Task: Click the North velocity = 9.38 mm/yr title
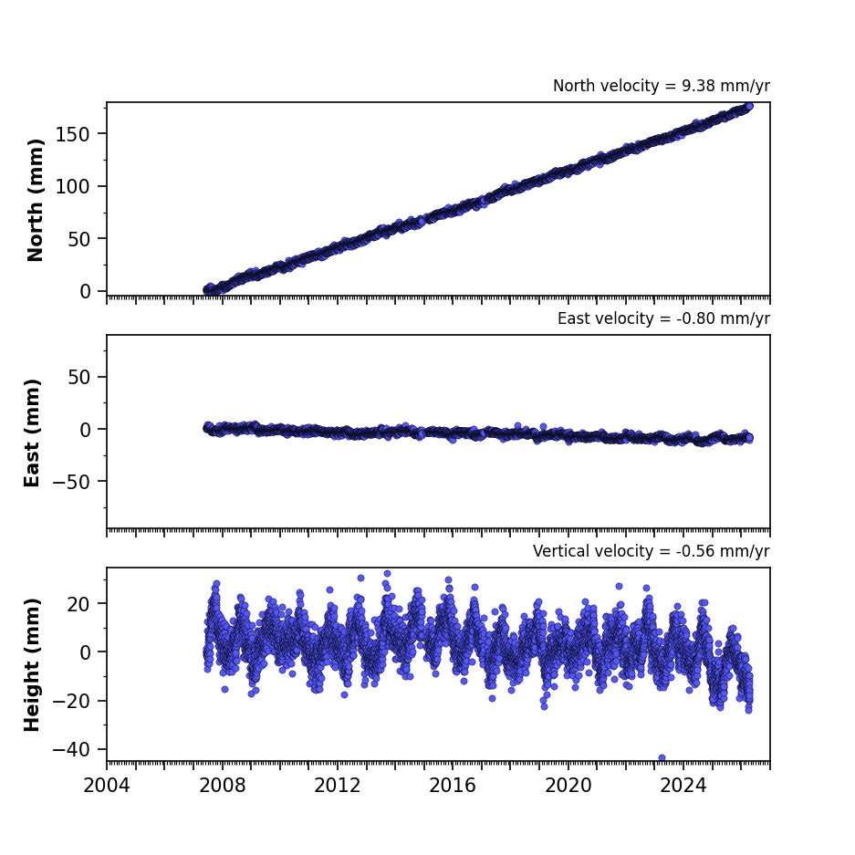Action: pos(662,86)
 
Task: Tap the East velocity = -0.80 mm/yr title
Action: pos(663,318)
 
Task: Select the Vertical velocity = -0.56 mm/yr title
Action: pos(652,551)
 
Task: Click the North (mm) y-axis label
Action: pos(35,200)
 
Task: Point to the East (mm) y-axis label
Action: pos(32,433)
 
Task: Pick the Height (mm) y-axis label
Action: pos(32,664)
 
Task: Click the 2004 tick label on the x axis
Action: pos(107,786)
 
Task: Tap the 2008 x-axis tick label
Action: pos(222,786)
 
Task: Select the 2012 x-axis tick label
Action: pos(338,786)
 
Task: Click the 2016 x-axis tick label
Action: pos(453,786)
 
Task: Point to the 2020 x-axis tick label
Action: pos(568,786)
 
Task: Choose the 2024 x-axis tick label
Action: pos(683,786)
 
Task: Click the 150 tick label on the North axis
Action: pos(73,134)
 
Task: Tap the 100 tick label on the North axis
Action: pos(73,186)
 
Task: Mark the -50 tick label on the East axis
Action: pos(71,482)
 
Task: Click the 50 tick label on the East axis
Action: pos(79,377)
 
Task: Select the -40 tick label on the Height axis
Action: pos(71,750)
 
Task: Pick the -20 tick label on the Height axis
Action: pos(71,701)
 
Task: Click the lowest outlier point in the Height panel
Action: pos(662,758)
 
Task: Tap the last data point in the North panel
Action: pos(749,107)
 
